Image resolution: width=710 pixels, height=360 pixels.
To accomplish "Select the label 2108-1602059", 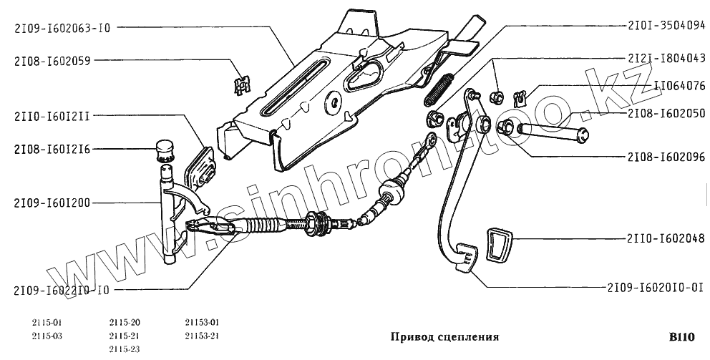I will [52, 61].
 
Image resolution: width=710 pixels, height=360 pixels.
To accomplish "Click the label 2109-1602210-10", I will [62, 291].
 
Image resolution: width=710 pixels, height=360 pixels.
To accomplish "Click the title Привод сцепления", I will [444, 336].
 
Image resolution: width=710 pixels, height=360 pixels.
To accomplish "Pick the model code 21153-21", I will [202, 336].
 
